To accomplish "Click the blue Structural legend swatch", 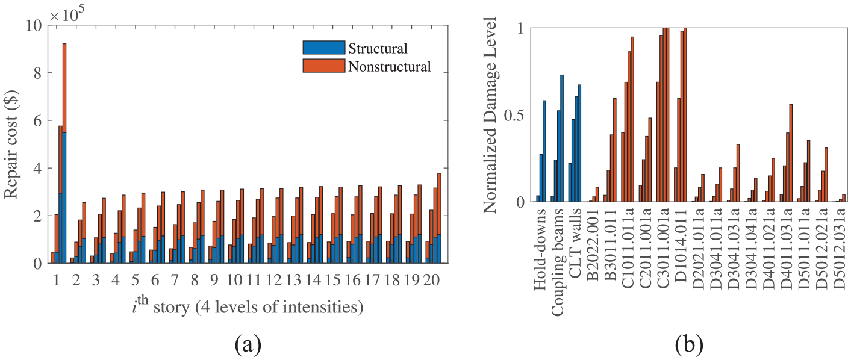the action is [323, 48].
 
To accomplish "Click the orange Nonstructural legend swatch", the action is [323, 66].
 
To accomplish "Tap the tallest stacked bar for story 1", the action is [64, 153].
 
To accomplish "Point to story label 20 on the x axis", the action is [432, 281].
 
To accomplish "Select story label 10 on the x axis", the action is [234, 281].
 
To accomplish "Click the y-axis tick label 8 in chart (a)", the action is [37, 73].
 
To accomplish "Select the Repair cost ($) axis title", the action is [11, 144].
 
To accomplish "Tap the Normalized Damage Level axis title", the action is [490, 115].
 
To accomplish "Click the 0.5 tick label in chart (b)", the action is [514, 116].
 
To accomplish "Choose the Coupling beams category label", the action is [557, 262].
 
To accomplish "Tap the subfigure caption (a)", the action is [249, 344].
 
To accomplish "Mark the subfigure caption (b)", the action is [689, 344].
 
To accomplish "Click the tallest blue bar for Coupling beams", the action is [562, 138].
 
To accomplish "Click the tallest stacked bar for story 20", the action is [439, 219].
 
